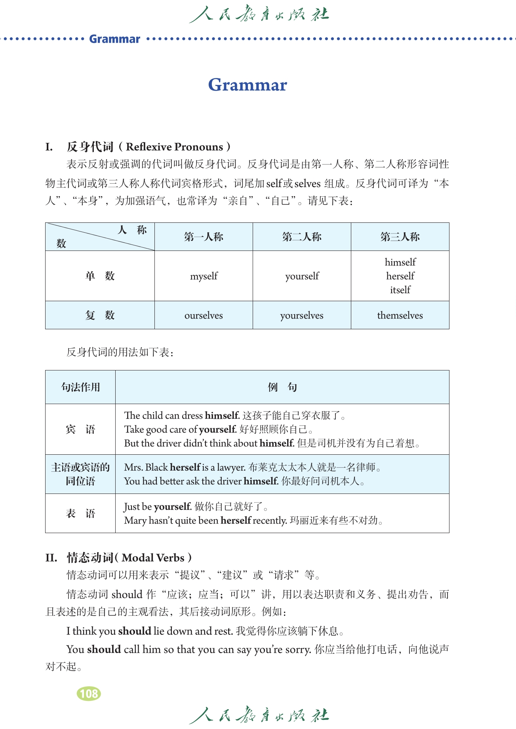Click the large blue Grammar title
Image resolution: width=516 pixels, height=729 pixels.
pos(248,85)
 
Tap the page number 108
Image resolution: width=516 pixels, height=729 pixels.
pos(89,693)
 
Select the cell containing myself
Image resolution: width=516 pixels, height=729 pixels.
pos(204,276)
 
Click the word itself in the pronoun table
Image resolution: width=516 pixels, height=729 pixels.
pos(400,290)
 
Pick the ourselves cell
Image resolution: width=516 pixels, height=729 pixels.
pos(204,315)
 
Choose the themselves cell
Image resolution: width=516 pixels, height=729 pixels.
pos(400,315)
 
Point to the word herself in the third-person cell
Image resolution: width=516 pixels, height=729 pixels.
pos(400,276)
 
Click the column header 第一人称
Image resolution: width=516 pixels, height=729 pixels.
pos(204,237)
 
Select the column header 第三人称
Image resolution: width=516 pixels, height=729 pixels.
pos(400,237)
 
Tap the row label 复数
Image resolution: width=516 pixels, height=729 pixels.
pos(100,315)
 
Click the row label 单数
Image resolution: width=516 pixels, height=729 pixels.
pos(100,276)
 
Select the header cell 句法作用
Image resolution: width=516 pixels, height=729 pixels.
pos(80,387)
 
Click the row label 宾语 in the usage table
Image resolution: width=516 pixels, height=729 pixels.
pos(80,429)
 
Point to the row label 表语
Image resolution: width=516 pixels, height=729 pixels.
pos(80,513)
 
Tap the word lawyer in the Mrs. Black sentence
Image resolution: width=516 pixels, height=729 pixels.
pos(231,467)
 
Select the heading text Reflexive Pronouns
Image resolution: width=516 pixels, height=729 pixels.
pos(174,147)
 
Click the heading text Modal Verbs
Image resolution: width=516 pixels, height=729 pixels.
pos(153,558)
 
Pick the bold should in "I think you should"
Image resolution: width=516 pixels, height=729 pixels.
pos(135,631)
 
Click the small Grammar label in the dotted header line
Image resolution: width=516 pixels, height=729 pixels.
pos(114,39)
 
